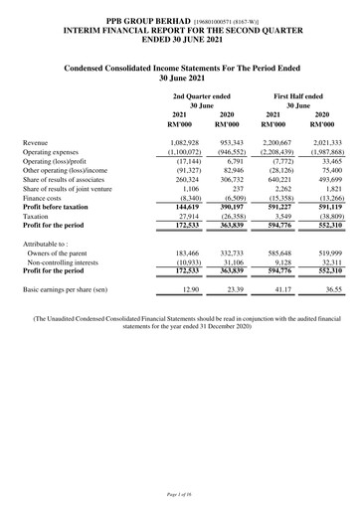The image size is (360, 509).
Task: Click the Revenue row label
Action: pyautogui.click(x=36, y=142)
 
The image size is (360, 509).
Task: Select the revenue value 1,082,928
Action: pyautogui.click(x=184, y=142)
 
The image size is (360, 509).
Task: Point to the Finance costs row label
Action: pyautogui.click(x=46, y=198)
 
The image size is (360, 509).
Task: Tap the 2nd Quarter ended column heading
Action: pyautogui.click(x=202, y=95)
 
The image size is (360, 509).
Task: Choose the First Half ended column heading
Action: pyautogui.click(x=298, y=95)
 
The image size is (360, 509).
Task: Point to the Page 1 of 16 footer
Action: pyautogui.click(x=180, y=492)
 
